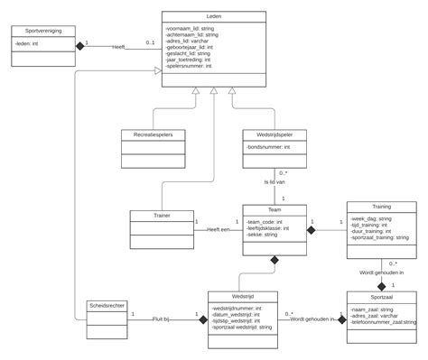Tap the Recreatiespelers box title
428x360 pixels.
[154, 134]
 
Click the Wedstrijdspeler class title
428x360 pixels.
[274, 134]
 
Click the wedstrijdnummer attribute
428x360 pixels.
[237, 308]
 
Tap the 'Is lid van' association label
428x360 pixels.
[274, 182]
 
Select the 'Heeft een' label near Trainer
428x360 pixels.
[218, 229]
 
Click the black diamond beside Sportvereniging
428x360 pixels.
[79, 45]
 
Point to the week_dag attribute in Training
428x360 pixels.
[371, 218]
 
